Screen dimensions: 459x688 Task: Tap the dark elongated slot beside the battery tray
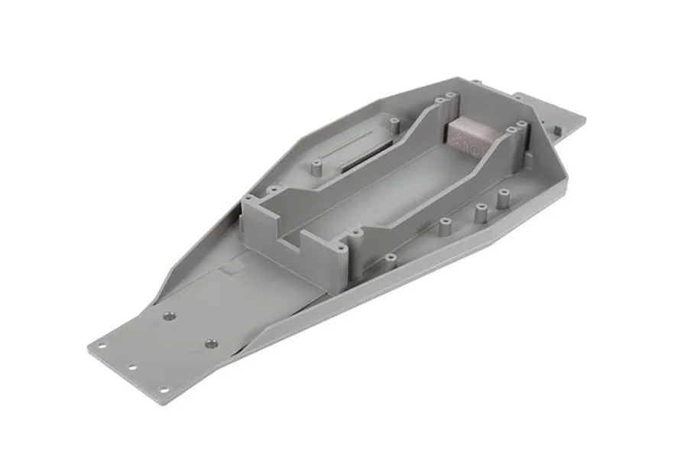(366, 156)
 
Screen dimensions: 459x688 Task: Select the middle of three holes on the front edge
(132, 366)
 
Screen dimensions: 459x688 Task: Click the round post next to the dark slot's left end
(316, 163)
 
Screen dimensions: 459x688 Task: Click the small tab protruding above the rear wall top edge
(475, 81)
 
